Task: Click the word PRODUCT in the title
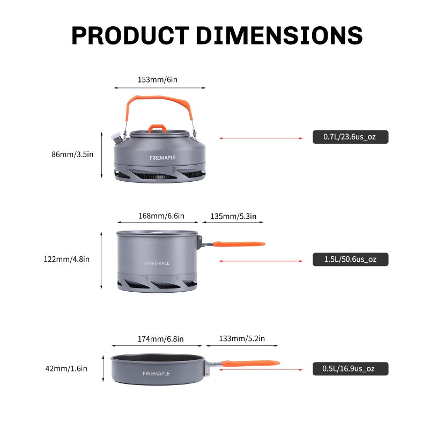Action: (130, 35)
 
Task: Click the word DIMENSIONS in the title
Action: (279, 35)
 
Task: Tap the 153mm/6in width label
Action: (157, 79)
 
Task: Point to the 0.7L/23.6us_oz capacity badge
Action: (350, 137)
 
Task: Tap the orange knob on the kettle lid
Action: (157, 128)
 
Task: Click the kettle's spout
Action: (116, 138)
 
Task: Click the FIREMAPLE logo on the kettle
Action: (162, 158)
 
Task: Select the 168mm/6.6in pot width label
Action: (161, 216)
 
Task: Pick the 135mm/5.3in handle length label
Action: (233, 216)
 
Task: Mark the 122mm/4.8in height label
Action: (66, 259)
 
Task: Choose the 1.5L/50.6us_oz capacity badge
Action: (350, 260)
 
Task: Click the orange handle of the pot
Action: (239, 244)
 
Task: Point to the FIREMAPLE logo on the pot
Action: (157, 263)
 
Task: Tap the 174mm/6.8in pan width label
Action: (160, 339)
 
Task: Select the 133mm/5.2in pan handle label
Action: (241, 339)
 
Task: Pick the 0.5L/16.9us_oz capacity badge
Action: (350, 368)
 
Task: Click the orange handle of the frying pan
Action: (251, 363)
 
